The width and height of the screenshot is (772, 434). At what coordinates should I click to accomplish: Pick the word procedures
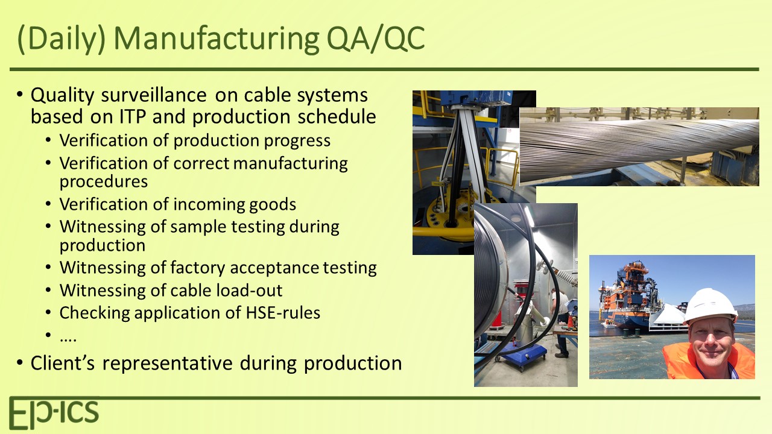click(x=103, y=181)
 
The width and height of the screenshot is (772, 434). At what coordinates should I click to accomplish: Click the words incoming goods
click(x=235, y=204)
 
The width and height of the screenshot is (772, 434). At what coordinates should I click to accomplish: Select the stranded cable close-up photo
click(x=639, y=146)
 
